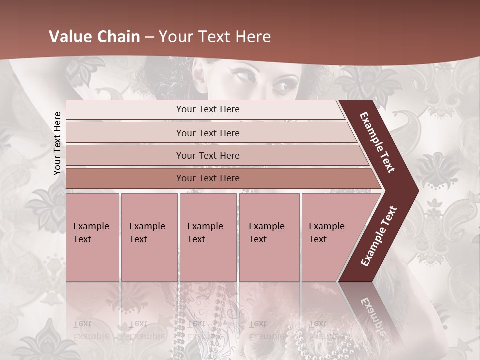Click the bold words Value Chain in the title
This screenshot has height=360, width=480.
(x=94, y=37)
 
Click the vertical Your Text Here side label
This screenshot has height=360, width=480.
(x=57, y=143)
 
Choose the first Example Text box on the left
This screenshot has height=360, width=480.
(x=92, y=237)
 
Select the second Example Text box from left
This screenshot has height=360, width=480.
(x=149, y=237)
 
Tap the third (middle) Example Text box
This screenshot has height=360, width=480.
(x=208, y=237)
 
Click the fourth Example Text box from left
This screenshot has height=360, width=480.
(x=269, y=237)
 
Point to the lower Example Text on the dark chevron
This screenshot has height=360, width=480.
(x=379, y=236)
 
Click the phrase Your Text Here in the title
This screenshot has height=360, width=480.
(x=215, y=37)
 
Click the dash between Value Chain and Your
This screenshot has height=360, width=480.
(x=149, y=37)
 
